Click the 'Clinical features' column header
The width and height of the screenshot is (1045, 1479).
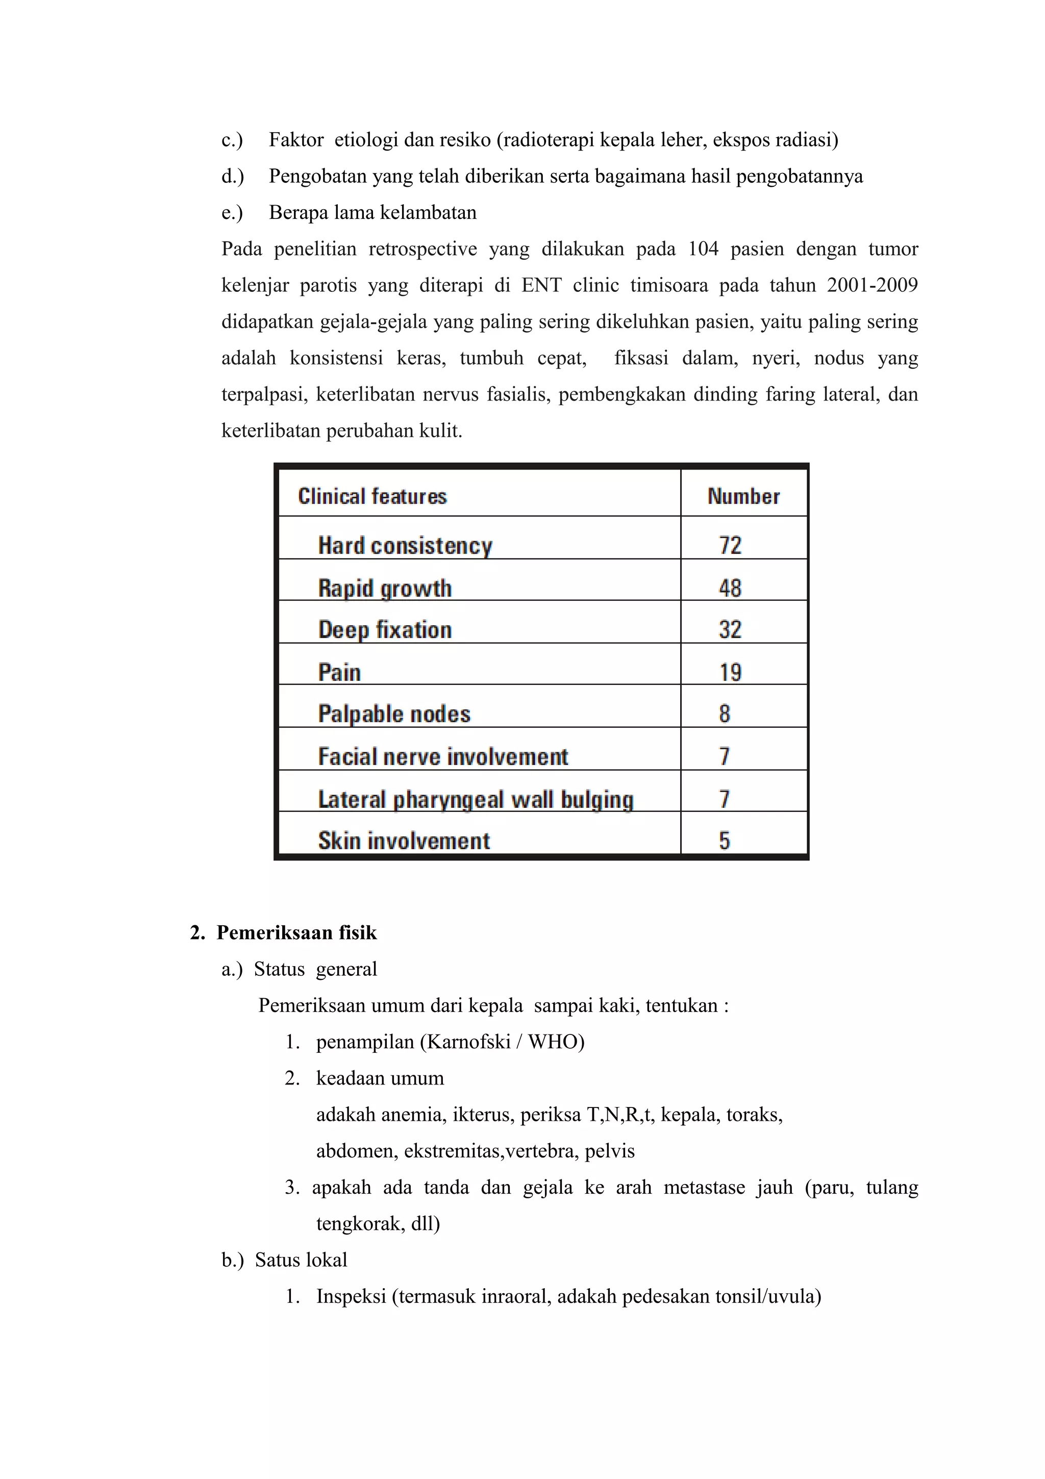pyautogui.click(x=372, y=497)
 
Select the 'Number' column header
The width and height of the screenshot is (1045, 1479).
pyautogui.click(x=743, y=497)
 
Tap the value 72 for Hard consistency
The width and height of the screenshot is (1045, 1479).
pyautogui.click(x=730, y=546)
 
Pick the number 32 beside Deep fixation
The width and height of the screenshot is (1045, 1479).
pyautogui.click(x=730, y=629)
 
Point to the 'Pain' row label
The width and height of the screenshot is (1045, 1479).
pyautogui.click(x=339, y=673)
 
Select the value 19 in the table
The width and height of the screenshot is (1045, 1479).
pyautogui.click(x=730, y=673)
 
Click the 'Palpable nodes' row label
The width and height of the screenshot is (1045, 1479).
pyautogui.click(x=394, y=714)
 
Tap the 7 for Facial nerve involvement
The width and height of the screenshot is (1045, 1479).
pyautogui.click(x=725, y=756)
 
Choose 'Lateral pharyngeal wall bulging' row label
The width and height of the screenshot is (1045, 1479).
pyautogui.click(x=475, y=799)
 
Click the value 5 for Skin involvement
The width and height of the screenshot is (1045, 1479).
pyautogui.click(x=725, y=841)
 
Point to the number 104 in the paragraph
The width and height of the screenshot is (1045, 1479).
pyautogui.click(x=703, y=249)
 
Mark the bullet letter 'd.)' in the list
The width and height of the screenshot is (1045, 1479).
pyautogui.click(x=233, y=177)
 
